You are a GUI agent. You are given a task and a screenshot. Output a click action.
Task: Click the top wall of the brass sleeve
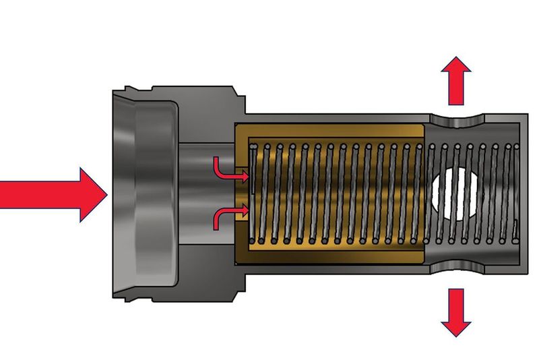point(330,131)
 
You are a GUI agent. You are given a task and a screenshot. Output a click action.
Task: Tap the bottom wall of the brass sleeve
point(330,256)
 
